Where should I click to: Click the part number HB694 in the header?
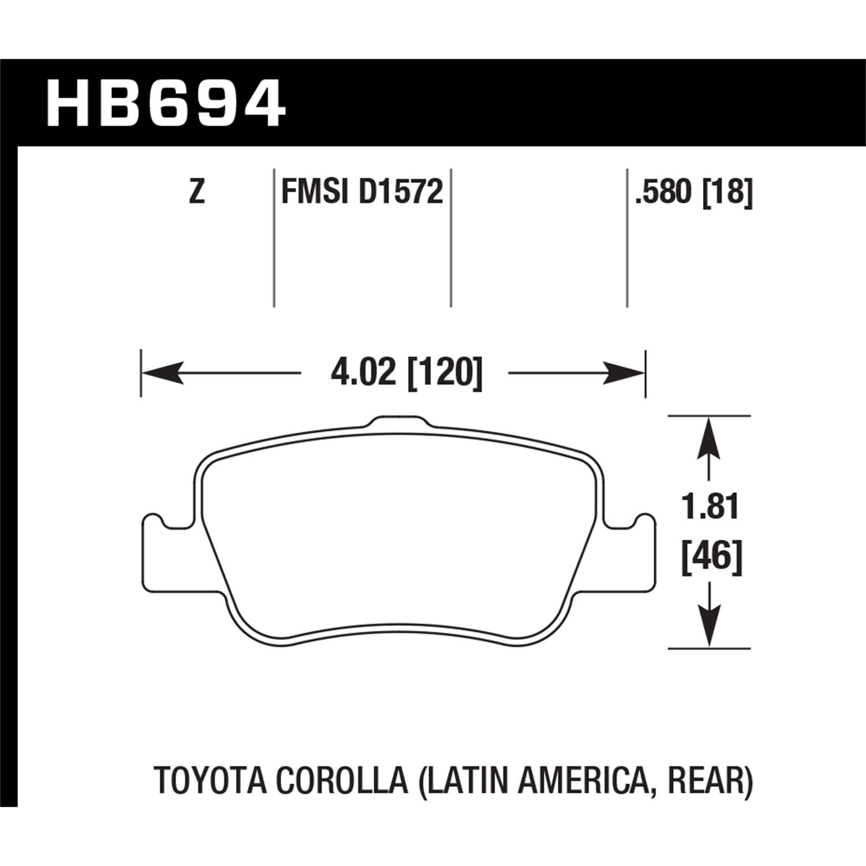pyautogui.click(x=166, y=104)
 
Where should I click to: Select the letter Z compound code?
pyautogui.click(x=197, y=192)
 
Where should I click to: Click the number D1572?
pyautogui.click(x=401, y=192)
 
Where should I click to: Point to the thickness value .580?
pyautogui.click(x=663, y=192)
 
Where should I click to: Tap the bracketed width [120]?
pyautogui.click(x=445, y=374)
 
